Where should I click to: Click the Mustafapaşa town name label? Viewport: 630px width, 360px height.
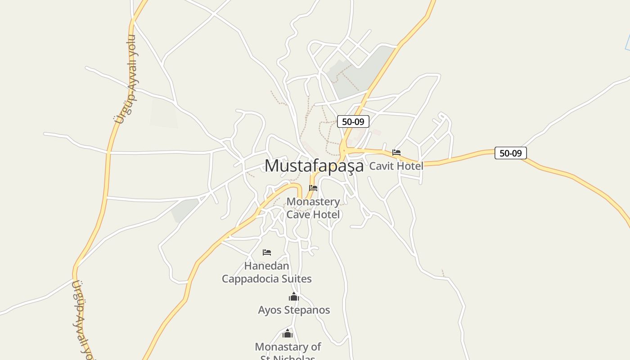314,166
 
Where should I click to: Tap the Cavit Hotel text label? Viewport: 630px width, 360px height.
396,166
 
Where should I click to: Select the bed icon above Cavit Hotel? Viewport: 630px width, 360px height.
396,153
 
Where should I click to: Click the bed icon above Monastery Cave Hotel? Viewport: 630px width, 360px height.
313,188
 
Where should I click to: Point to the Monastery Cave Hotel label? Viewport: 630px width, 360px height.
313,208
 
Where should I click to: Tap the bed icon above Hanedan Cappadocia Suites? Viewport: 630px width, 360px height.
267,252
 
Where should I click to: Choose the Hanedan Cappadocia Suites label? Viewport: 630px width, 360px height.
267,272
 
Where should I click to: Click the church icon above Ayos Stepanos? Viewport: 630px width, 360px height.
294,297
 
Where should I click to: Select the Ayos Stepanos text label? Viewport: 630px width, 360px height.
294,310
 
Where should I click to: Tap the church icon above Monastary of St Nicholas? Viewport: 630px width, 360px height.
288,333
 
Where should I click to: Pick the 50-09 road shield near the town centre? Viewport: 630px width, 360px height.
353,121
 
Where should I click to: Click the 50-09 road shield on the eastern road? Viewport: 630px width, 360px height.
510,153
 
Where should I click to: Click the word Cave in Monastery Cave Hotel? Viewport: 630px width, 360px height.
299,215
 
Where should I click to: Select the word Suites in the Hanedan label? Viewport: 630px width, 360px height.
294,279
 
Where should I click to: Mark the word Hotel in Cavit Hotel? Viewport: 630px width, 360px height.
409,166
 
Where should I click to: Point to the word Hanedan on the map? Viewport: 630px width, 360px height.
267,265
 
